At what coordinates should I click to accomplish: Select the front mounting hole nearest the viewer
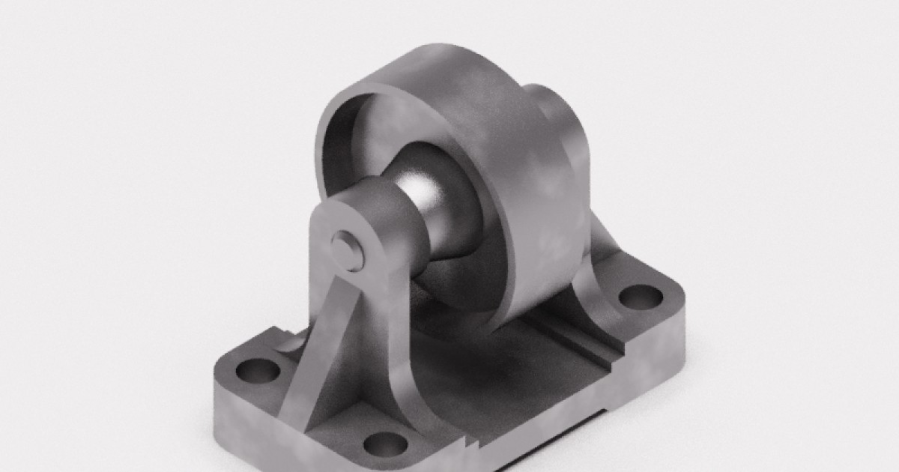click(x=385, y=444)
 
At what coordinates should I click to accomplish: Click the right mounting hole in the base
click(x=641, y=296)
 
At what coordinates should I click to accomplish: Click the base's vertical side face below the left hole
click(x=240, y=420)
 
